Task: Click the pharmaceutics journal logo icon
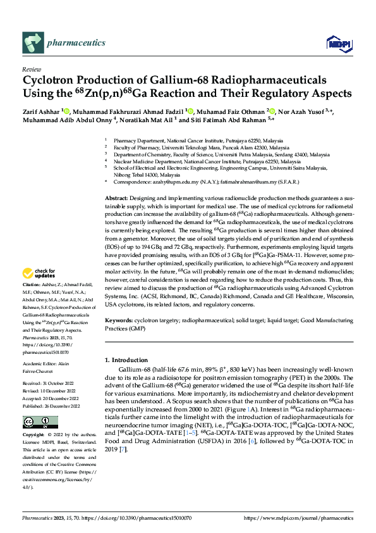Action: (x=33, y=42)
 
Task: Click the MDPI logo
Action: (x=336, y=42)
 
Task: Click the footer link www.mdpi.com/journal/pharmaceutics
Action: (x=305, y=518)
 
